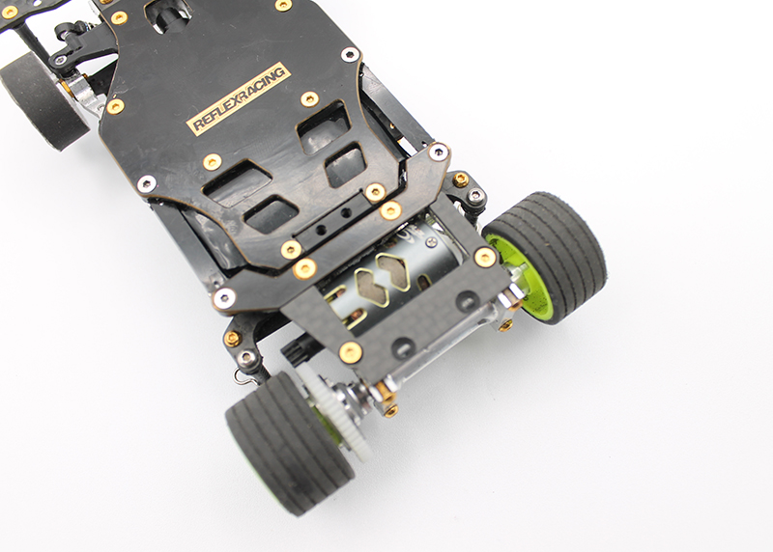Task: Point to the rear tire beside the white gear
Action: [275, 440]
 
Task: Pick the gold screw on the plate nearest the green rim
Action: [485, 256]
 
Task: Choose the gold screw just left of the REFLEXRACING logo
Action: [115, 106]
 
